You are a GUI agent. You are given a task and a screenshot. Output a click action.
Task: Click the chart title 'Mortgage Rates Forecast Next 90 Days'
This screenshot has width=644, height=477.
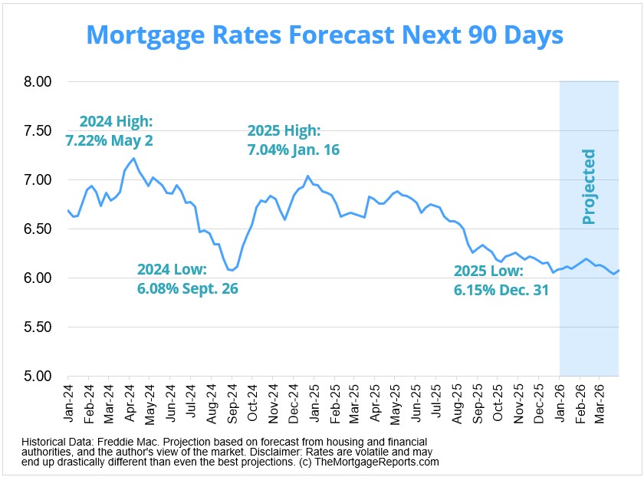tap(324, 35)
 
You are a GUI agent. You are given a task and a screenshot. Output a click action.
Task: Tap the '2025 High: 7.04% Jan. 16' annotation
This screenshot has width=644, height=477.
tap(293, 140)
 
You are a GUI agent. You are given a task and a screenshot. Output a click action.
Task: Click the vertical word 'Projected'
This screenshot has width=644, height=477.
tap(589, 187)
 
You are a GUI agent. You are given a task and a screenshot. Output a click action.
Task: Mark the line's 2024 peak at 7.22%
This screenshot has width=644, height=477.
tap(134, 159)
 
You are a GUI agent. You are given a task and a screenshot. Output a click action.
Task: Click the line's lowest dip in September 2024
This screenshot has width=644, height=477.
tap(232, 270)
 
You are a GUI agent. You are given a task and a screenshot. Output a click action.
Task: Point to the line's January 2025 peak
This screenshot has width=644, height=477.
tap(307, 176)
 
